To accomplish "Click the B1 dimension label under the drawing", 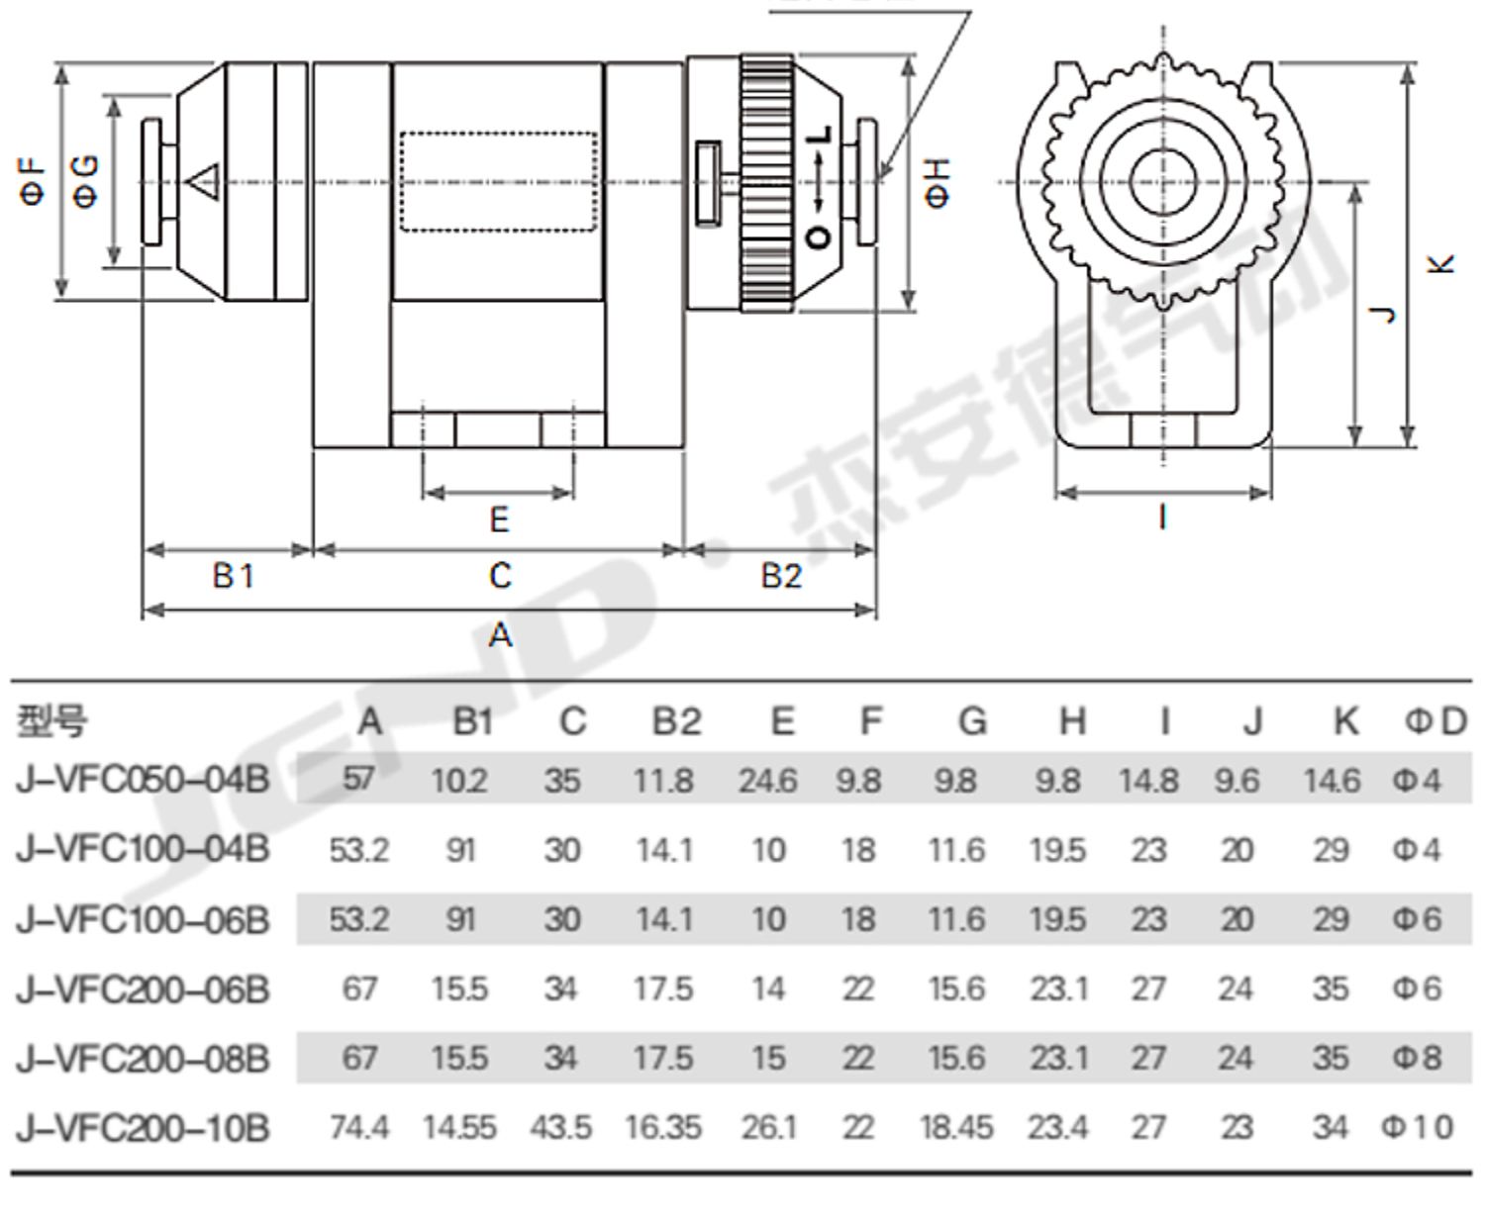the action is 234,575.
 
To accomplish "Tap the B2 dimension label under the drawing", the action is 781,575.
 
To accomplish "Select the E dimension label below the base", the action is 499,519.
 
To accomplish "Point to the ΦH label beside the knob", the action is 938,183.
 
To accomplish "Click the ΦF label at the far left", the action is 33,182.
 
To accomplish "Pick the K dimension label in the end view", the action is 1440,264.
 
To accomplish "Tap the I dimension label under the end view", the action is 1163,517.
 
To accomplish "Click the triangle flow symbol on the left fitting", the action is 203,182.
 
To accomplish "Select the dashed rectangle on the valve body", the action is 499,181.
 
